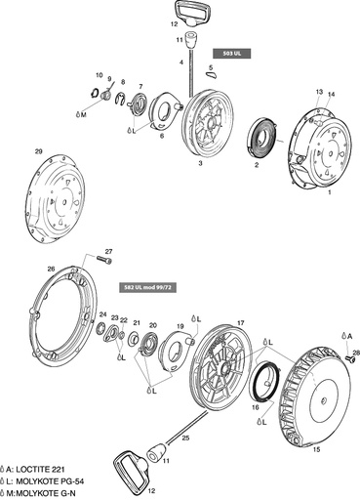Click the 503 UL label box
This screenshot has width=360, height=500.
click(233, 53)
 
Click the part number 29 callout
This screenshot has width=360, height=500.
click(38, 151)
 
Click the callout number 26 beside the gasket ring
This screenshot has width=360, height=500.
click(51, 269)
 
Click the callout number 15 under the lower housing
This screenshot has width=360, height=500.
click(315, 450)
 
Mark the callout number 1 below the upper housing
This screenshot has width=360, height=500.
click(330, 193)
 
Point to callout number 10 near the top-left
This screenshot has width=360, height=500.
click(99, 75)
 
